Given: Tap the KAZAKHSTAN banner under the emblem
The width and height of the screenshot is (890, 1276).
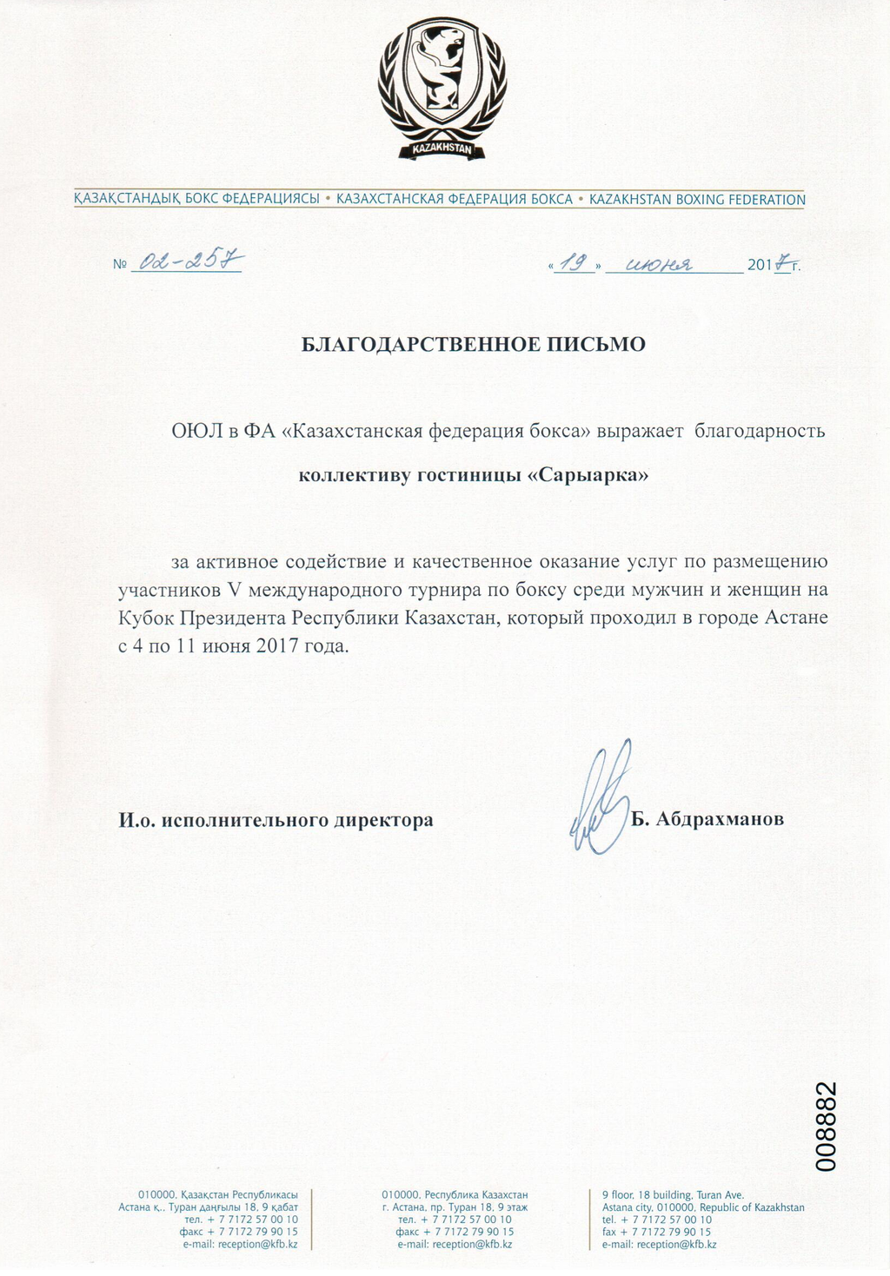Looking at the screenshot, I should (442, 149).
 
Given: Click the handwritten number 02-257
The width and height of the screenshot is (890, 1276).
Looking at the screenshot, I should (186, 260).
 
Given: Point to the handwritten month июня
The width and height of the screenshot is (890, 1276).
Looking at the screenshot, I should (660, 264).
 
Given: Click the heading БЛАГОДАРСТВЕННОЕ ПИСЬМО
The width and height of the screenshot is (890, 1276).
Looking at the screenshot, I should (473, 345).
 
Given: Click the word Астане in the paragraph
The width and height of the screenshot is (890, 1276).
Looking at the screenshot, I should (796, 618).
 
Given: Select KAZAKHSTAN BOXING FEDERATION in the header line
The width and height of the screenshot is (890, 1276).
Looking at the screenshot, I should (697, 200).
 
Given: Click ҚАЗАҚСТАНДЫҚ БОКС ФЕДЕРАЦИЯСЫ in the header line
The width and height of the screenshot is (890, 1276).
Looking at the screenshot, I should (197, 199).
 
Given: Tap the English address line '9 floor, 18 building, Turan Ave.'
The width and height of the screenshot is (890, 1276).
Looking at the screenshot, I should (673, 1195).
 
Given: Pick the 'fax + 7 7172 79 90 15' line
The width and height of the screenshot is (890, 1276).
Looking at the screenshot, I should (656, 1232).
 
